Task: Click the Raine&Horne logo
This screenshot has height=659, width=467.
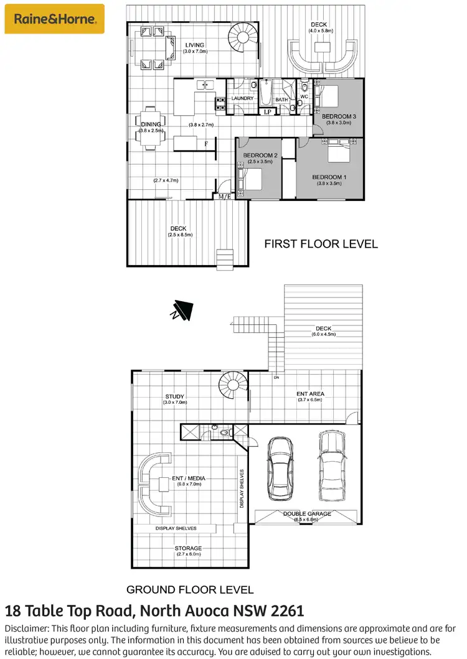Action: pos(54,19)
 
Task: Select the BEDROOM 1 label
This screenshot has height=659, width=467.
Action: pos(329,177)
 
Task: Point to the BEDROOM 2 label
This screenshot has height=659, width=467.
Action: pos(260,155)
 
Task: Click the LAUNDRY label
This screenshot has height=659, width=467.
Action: pos(242,98)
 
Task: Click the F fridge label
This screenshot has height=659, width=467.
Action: pos(206,144)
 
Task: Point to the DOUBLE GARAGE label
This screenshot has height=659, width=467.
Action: pos(307,514)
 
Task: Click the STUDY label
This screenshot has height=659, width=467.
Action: pos(175,396)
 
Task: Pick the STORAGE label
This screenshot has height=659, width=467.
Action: pos(188,548)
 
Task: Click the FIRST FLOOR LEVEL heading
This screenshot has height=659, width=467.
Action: pos(321,244)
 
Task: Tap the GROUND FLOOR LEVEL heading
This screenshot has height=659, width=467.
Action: pos(190,589)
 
